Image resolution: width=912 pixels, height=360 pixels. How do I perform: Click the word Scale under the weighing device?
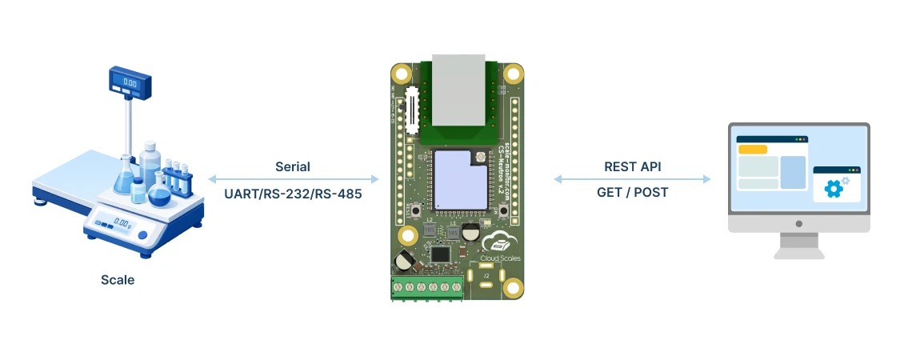pyautogui.click(x=118, y=280)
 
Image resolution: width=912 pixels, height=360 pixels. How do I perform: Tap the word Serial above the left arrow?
pyautogui.click(x=293, y=167)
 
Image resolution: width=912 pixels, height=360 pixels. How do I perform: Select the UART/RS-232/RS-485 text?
pyautogui.click(x=293, y=193)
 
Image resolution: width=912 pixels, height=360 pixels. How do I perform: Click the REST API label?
pyautogui.click(x=632, y=167)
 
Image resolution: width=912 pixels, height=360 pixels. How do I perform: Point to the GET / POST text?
pyautogui.click(x=632, y=193)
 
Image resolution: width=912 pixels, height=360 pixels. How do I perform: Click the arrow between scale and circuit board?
pyautogui.click(x=293, y=180)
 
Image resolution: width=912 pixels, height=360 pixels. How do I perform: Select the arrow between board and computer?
pyautogui.click(x=632, y=180)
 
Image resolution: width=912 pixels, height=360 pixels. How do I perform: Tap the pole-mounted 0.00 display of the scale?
pyautogui.click(x=130, y=81)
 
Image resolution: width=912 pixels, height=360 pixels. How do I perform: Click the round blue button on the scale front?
pyautogui.click(x=142, y=235)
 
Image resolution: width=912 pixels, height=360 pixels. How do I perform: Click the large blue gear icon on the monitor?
pyautogui.click(x=834, y=189)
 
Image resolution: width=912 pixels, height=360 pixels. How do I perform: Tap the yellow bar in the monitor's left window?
pyautogui.click(x=752, y=150)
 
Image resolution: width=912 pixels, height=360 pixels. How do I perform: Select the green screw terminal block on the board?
pyautogui.click(x=427, y=287)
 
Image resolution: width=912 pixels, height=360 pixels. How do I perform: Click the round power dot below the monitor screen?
pyautogui.click(x=798, y=225)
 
